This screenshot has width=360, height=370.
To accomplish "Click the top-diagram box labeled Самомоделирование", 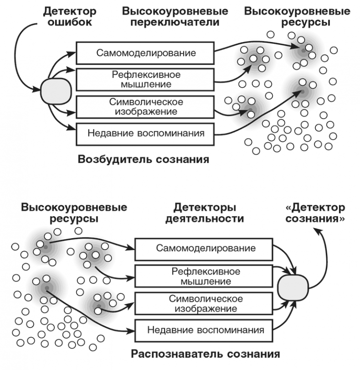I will tap(145, 53).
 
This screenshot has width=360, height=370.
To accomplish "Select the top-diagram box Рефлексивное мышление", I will tap(145, 79).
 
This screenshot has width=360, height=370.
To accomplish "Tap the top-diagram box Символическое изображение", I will tap(145, 106).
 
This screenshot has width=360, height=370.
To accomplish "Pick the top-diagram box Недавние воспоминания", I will tap(145, 133).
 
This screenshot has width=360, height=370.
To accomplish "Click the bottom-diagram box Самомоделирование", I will tap(205, 249).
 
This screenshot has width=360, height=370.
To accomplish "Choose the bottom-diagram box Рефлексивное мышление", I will tap(205, 276).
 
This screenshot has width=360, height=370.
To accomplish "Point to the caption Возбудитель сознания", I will tap(143, 160).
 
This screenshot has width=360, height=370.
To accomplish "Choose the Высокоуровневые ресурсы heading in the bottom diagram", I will tap(74, 213).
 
